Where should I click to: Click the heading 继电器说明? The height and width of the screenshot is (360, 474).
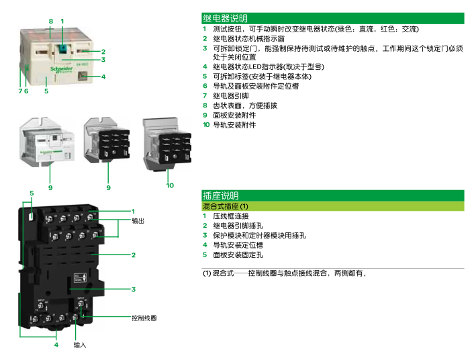point(225,19)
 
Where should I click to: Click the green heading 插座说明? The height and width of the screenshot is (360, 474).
point(221,195)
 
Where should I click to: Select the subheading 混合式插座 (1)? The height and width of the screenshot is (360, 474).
point(226,206)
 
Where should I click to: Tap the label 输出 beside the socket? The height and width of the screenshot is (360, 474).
point(138,220)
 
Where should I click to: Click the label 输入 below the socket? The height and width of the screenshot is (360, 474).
point(80,345)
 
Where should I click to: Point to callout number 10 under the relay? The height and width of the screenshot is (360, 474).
point(170,185)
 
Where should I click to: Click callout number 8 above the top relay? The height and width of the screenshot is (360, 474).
point(50,21)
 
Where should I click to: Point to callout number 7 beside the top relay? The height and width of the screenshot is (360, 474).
point(20,90)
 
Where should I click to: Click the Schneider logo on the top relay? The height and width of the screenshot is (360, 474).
point(61,68)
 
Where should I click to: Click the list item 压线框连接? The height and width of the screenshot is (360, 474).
point(231,216)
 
